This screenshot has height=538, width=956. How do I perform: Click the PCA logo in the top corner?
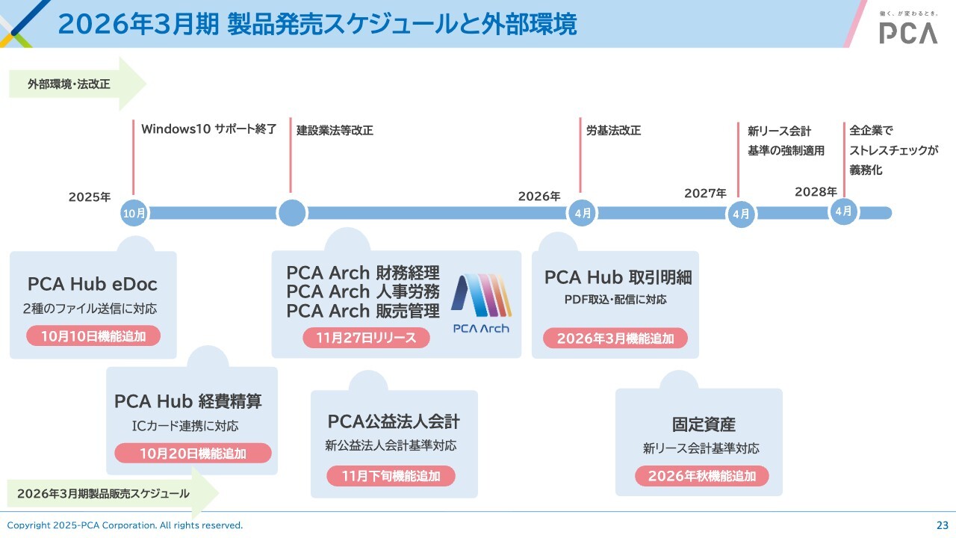point(907,31)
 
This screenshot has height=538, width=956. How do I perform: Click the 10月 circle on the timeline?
point(134,214)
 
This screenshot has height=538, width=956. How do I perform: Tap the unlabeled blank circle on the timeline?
point(292,213)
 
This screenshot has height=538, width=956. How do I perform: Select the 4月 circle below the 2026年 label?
point(583,213)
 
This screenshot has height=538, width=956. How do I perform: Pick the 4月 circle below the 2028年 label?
point(844,211)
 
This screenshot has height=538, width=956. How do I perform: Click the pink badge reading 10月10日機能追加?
point(95,336)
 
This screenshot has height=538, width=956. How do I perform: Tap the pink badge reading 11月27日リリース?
point(366,338)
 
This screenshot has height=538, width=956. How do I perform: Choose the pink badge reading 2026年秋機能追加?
point(702,476)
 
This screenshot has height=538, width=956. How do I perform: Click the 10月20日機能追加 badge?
point(193,453)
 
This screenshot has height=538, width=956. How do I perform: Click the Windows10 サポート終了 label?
point(209,129)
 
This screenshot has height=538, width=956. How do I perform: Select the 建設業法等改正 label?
point(335,130)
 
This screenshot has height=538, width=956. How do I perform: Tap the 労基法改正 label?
point(613,130)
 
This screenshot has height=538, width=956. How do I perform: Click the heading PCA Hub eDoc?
point(93,284)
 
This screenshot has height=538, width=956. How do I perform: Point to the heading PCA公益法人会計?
point(394,421)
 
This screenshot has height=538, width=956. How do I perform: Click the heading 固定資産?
point(704,424)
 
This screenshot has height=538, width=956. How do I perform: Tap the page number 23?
point(942,525)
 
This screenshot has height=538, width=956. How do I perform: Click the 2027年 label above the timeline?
point(705,194)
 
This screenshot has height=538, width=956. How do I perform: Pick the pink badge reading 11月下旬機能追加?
point(391,476)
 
